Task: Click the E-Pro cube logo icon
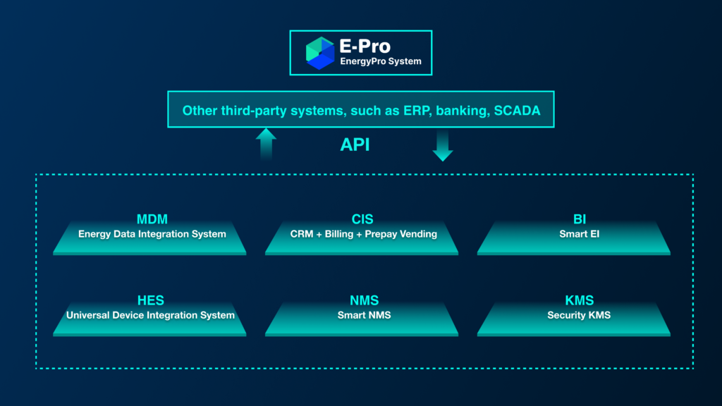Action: (319, 53)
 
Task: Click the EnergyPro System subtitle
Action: (381, 61)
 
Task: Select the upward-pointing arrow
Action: (266, 143)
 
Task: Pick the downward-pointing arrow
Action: (443, 145)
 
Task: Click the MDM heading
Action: (152, 219)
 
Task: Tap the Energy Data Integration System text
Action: (152, 234)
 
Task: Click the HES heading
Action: (150, 301)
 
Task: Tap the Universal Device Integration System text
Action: (150, 315)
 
